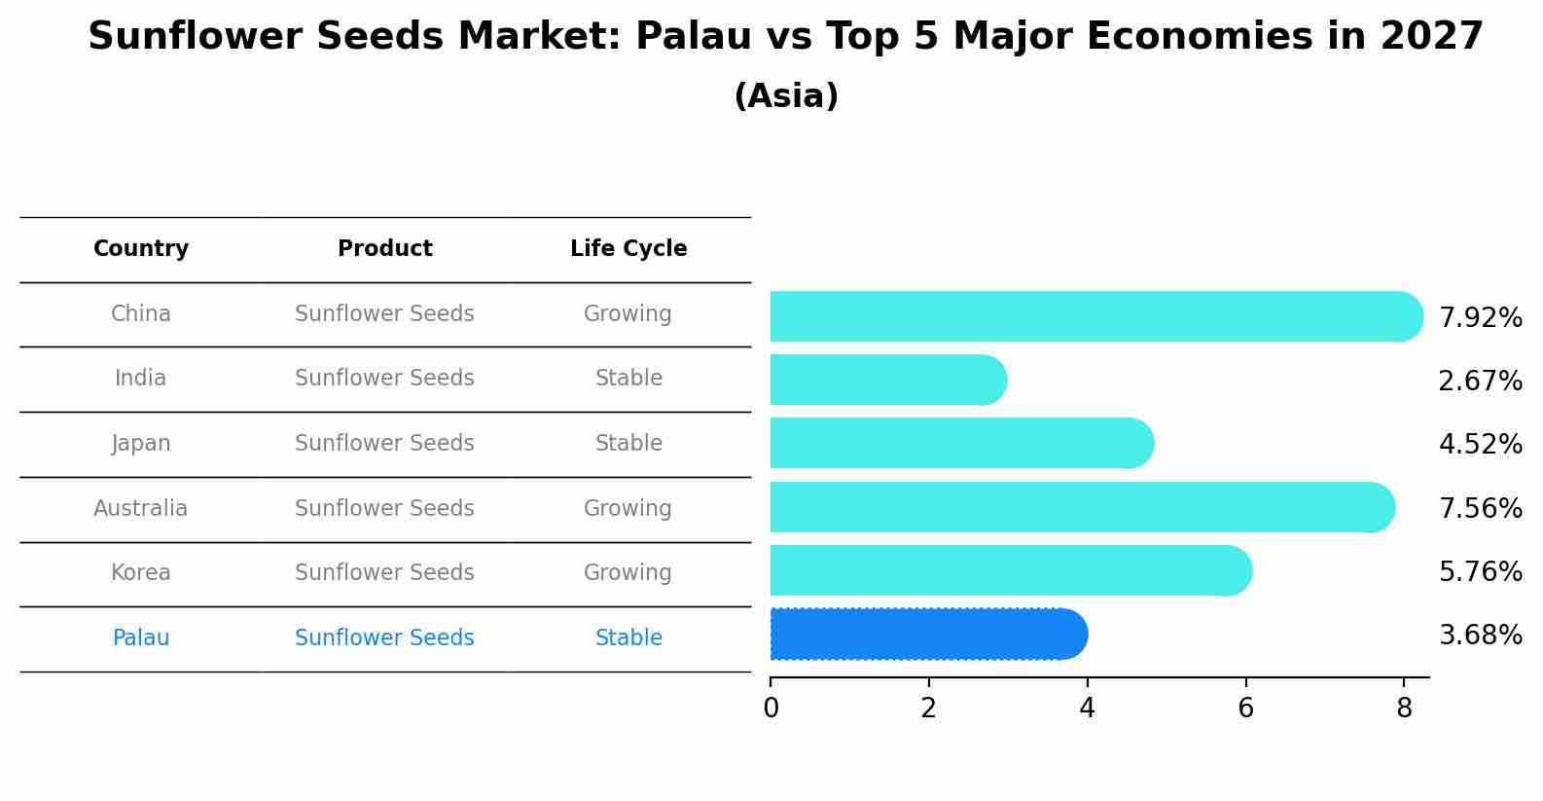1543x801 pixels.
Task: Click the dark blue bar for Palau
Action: point(928,635)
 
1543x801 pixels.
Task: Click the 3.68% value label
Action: point(1480,636)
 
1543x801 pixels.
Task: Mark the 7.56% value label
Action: point(1480,508)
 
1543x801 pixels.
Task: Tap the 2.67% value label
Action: point(1480,381)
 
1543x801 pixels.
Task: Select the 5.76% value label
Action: point(1480,571)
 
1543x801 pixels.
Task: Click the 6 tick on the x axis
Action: point(1245,709)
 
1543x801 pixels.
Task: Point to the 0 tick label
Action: point(771,709)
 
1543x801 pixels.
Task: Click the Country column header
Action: point(141,249)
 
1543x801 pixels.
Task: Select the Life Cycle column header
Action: point(628,249)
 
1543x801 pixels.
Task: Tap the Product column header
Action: point(385,249)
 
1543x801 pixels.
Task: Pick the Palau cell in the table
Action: point(141,638)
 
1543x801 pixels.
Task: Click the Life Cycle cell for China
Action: point(628,314)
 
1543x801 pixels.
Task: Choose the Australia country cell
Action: point(141,509)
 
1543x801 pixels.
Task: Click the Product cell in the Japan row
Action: point(385,444)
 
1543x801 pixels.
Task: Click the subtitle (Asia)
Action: point(786,96)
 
